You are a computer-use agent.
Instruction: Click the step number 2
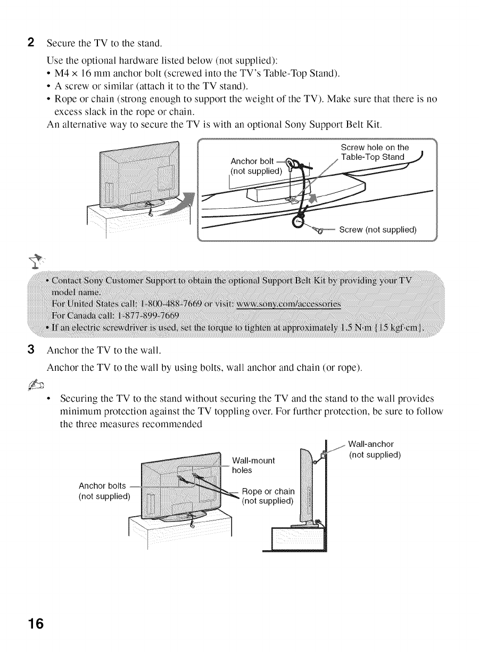(x=31, y=42)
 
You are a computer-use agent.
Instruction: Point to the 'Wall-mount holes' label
(x=253, y=466)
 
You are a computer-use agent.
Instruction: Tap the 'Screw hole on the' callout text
(x=375, y=148)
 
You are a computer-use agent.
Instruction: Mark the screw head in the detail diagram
(x=317, y=230)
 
